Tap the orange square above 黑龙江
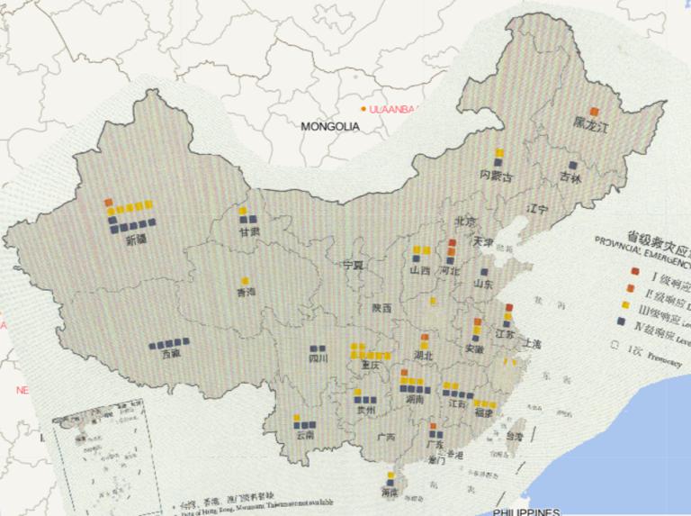point(594,111)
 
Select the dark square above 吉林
point(572,166)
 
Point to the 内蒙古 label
point(496,176)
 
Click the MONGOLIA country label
point(329,127)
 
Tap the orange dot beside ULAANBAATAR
point(363,109)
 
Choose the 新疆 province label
point(136,240)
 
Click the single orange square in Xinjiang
point(108,202)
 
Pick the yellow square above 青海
point(245,280)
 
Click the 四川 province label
point(319,358)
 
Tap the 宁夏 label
point(354,266)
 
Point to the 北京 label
point(464,222)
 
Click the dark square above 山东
point(483,271)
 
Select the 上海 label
point(531,344)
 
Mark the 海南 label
point(390,493)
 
